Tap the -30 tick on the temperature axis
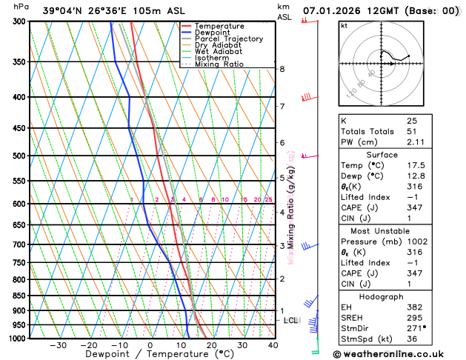58,345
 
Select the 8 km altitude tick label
282,69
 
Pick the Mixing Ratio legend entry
219,64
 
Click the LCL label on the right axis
290,320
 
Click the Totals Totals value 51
412,131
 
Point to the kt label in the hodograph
344,25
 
